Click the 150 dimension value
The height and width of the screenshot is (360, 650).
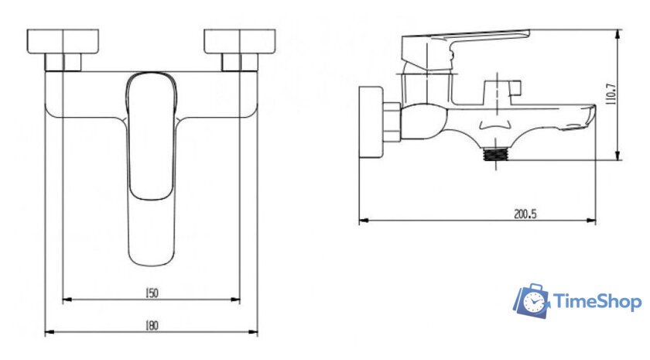tap(152, 293)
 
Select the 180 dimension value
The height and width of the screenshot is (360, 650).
tap(152, 326)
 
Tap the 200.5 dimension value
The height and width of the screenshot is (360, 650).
tap(525, 214)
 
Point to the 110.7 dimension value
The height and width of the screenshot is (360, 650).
tap(611, 94)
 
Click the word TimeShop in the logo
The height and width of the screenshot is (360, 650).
tap(597, 301)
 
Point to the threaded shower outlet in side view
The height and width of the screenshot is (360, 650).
tap(496, 155)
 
